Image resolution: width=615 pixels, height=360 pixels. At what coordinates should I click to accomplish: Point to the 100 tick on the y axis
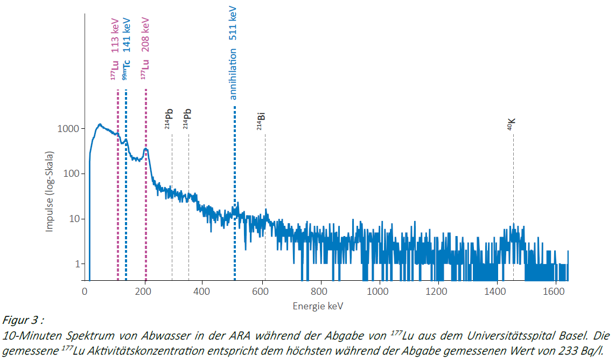pos(82,174)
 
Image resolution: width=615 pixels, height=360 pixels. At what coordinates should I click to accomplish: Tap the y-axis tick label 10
pos(73,219)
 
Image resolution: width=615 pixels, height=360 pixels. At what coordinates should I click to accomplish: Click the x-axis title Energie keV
pos(318,306)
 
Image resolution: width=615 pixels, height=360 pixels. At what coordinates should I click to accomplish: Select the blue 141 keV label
pos(126,34)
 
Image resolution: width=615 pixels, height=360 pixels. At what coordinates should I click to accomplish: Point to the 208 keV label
pos(145,34)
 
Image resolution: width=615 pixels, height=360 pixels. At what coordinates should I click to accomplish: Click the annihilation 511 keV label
pos(233,54)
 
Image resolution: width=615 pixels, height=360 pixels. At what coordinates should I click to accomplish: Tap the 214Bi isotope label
pos(261,122)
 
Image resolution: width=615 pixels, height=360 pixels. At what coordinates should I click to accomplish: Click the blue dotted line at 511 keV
pos(235,162)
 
